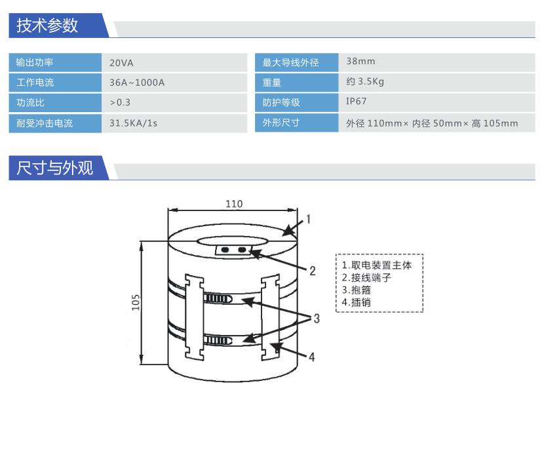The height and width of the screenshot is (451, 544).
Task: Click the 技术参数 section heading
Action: coord(47,26)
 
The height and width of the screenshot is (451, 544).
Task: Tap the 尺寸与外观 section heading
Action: coord(55,168)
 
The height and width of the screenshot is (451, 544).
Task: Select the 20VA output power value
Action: coord(121,63)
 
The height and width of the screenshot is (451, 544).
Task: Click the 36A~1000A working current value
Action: coord(137,83)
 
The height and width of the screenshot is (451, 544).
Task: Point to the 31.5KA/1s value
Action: coord(133,123)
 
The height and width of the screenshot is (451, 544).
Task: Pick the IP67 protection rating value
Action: coord(357,102)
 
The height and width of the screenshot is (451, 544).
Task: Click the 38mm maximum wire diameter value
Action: coord(360,61)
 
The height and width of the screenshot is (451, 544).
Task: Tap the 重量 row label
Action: coord(271,83)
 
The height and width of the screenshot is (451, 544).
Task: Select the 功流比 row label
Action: coord(31,103)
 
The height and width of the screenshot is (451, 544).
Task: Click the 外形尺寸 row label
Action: coord(281,123)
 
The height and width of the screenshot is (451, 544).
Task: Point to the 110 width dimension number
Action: coord(234,204)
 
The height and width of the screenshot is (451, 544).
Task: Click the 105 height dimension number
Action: coord(136,302)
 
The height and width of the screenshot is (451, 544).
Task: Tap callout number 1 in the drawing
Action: coord(308,219)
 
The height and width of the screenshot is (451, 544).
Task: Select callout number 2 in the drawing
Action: coord(313,271)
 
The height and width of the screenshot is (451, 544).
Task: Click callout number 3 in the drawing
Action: coord(317,319)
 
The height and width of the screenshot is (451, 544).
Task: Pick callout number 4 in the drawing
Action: coord(312,357)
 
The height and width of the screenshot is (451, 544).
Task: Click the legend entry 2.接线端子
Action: coord(366,277)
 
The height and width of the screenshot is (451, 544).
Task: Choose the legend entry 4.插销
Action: coord(357,302)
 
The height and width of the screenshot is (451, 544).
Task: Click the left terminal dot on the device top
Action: coord(225,250)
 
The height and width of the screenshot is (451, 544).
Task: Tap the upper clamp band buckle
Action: coord(218,298)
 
